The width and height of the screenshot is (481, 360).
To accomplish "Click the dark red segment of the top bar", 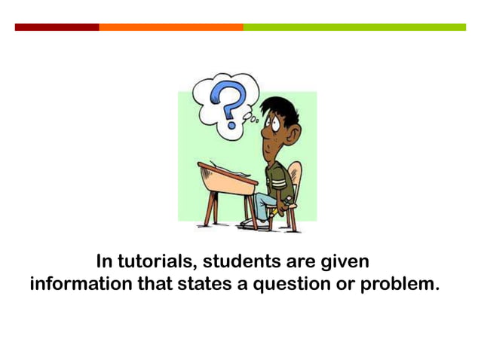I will coord(57,27).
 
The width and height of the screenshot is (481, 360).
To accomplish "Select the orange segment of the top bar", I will coord(170,27).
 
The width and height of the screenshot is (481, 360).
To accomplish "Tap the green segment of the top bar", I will coord(354,27).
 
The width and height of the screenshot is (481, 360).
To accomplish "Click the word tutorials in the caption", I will coord(156,263).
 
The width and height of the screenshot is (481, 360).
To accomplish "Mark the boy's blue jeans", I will coord(264,202).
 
